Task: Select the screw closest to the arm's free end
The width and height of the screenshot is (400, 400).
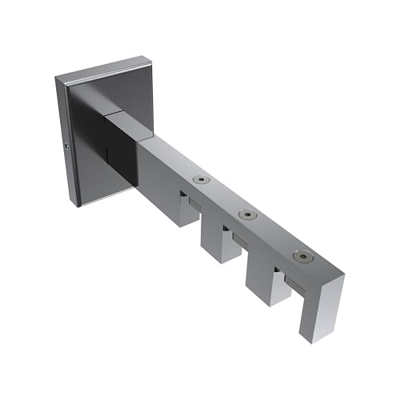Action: click(x=302, y=256)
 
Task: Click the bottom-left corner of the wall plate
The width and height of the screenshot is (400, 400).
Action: click(x=77, y=204)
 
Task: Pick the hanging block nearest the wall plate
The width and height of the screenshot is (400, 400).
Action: click(x=186, y=208)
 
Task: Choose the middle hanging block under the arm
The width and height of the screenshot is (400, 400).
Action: click(x=221, y=243)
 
